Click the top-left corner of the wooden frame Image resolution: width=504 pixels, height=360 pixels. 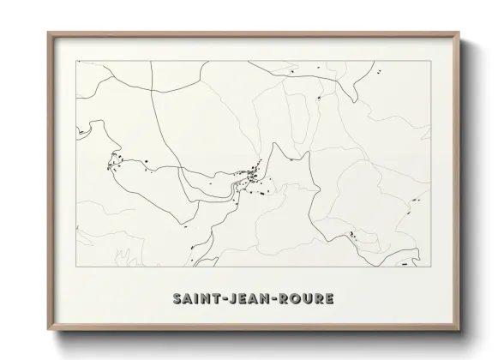[x=48, y=33]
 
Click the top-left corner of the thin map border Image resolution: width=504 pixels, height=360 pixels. [x=77, y=61]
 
